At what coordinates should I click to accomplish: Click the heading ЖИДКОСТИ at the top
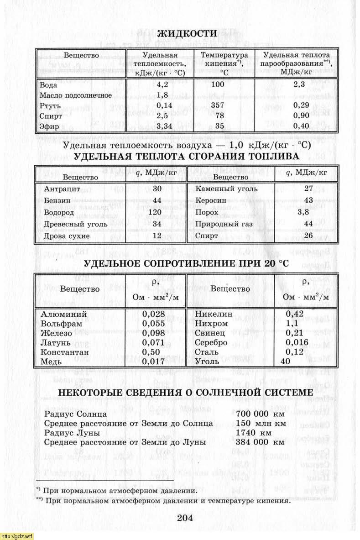click(187, 33)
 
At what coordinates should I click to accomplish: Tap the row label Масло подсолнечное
click(76, 95)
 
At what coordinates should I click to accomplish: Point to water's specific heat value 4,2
click(162, 85)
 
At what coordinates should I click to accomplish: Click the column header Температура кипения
click(224, 63)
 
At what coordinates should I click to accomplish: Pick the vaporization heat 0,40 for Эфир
click(299, 126)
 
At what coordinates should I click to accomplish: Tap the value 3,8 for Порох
click(304, 212)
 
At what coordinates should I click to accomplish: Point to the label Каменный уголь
click(226, 189)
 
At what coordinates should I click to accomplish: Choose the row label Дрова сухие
click(67, 236)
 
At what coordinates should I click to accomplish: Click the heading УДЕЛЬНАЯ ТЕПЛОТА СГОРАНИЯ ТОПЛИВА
click(186, 157)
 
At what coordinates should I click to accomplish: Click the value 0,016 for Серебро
click(297, 343)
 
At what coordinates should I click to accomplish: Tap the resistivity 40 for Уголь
click(286, 362)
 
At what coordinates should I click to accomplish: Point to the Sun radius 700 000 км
click(260, 414)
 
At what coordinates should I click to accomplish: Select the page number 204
click(185, 518)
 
